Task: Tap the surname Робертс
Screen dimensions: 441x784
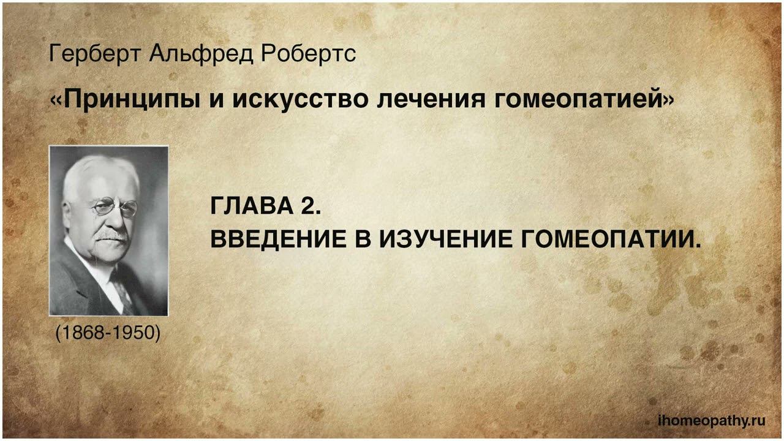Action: pyautogui.click(x=308, y=55)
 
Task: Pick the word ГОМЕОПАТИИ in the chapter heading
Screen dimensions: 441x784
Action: pyautogui.click(x=610, y=239)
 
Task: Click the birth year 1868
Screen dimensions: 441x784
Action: pyautogui.click(x=83, y=333)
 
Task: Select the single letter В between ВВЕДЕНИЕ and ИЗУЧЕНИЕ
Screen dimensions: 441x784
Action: pyautogui.click(x=363, y=239)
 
